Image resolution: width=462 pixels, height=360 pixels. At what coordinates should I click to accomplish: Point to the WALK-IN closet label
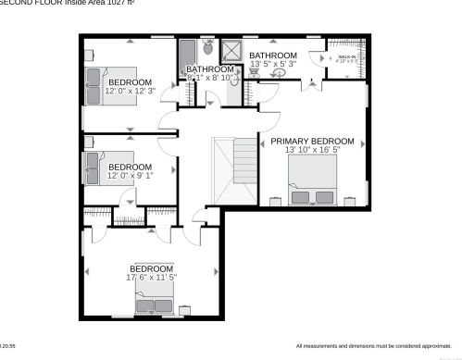pyautogui.click(x=347, y=57)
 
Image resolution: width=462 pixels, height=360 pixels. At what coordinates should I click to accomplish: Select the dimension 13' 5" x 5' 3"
pyautogui.click(x=272, y=64)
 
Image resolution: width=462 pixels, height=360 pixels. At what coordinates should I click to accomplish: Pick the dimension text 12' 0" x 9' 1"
pyautogui.click(x=130, y=175)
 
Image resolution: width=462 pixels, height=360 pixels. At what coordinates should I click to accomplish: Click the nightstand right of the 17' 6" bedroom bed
pyautogui.click(x=184, y=308)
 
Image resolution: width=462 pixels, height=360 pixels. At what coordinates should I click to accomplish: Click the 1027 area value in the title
pyautogui.click(x=116, y=3)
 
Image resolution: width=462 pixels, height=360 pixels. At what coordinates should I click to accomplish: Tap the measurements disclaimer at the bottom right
pyautogui.click(x=374, y=346)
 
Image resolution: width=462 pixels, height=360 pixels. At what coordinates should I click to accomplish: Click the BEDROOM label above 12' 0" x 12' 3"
pyautogui.click(x=129, y=81)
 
